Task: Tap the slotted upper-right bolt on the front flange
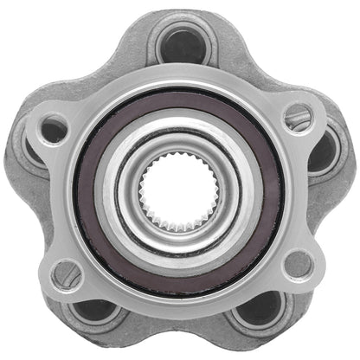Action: [x=298, y=113]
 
